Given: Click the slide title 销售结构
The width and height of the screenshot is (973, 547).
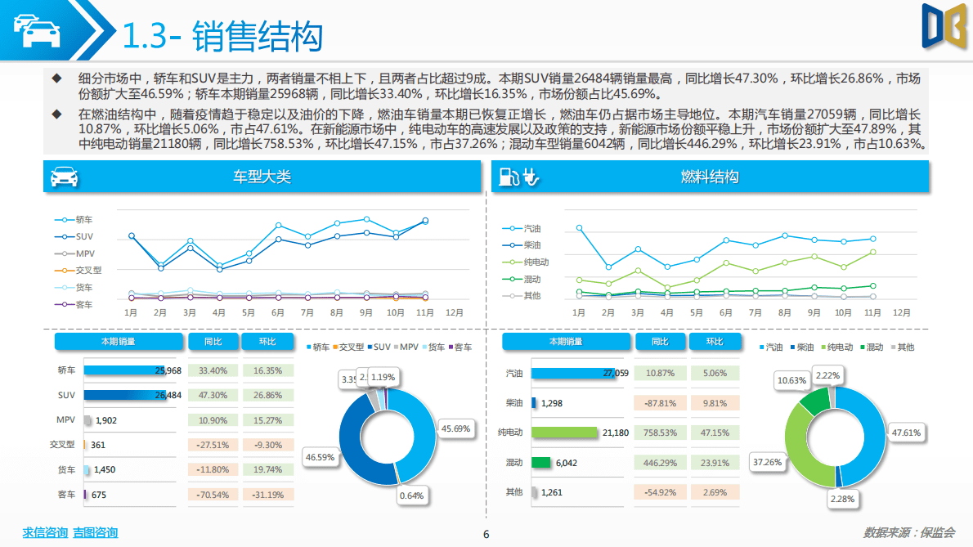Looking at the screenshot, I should [258, 36].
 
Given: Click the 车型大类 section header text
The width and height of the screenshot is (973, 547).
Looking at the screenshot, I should [262, 177].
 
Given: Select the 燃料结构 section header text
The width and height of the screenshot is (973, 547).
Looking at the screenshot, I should [709, 177].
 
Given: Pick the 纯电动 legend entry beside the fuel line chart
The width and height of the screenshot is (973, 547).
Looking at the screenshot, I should [536, 262].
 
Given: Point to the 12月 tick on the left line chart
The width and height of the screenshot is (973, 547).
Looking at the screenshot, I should [455, 313].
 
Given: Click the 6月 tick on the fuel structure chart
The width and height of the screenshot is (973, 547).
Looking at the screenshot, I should [725, 313].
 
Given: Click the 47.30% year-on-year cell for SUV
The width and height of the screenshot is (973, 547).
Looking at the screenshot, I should [213, 396].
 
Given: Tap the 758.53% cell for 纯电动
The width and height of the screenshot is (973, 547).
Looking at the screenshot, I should [660, 433].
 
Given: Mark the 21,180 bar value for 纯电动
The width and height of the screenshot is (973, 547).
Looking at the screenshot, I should [615, 433].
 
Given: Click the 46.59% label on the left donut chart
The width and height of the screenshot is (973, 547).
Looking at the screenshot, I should [319, 457].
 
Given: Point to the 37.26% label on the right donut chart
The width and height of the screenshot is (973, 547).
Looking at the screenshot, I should [766, 463].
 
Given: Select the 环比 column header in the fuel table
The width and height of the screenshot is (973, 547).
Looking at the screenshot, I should [715, 342].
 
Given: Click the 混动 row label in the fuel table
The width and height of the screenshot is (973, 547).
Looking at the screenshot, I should [513, 463].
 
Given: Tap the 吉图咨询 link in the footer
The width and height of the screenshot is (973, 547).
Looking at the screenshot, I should [95, 533].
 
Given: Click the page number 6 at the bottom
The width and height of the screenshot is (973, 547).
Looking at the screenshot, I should [486, 536].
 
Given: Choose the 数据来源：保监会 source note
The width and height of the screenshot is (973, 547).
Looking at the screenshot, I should [908, 533].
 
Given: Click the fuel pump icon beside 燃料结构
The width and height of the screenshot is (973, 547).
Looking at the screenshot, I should [508, 177].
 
